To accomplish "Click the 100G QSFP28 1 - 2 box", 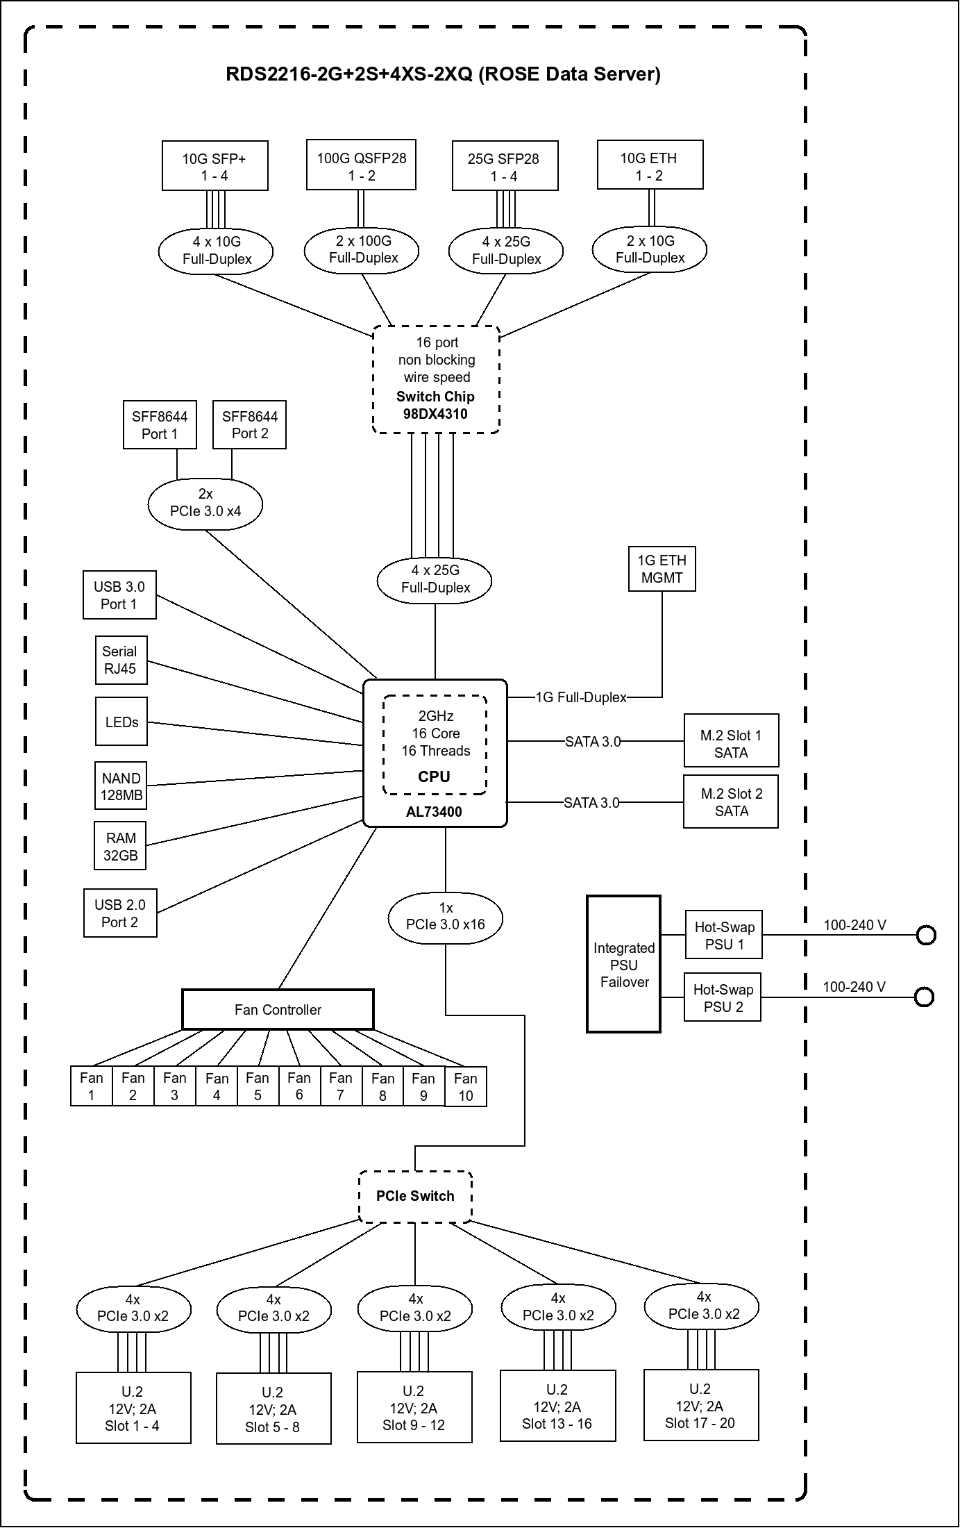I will coord(361,165).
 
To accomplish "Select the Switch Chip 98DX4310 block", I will coord(436,379).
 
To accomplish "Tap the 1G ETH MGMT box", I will coord(662,569).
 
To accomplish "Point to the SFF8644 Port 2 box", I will coord(249,424).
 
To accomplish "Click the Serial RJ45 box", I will coord(121,660).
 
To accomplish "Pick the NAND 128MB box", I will coord(121,786).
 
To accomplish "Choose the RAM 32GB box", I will coord(121,846).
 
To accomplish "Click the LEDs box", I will coord(121,722).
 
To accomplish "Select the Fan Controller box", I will coord(278,1009).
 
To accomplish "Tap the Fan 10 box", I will coord(465,1087).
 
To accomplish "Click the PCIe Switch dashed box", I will coord(415,1196).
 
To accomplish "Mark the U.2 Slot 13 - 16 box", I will coord(557,1406).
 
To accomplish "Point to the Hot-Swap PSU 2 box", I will coord(723,998).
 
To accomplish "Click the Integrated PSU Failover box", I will coord(623,964).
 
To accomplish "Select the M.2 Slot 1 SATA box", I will coord(731,740).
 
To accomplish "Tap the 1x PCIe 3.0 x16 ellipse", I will coord(446,916).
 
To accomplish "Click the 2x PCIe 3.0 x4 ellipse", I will coord(205,502).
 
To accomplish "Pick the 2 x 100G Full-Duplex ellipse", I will coord(362,249).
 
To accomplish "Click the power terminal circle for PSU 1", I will coord(926,936).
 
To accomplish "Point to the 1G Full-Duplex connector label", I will coord(581,697).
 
